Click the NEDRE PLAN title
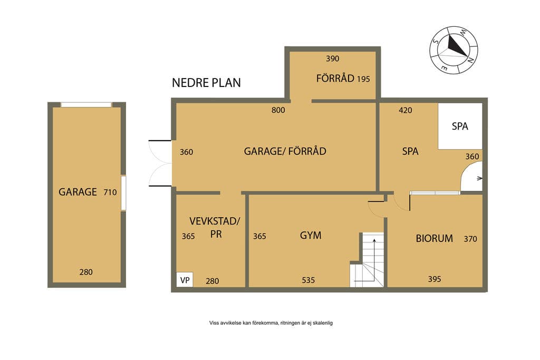click(x=206, y=83)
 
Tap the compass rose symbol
click(x=454, y=50)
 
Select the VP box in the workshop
click(x=185, y=280)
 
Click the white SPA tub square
click(x=460, y=126)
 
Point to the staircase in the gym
click(x=367, y=260)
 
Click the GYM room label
click(x=311, y=236)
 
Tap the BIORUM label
click(x=435, y=238)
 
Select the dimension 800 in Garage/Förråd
click(x=278, y=110)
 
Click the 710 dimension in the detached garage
click(x=110, y=192)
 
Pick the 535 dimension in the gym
click(x=308, y=280)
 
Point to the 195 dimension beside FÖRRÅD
click(x=363, y=79)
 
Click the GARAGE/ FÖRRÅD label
click(x=285, y=151)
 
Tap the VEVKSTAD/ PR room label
click(x=215, y=228)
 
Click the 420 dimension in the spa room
click(x=406, y=110)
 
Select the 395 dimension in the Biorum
click(x=435, y=279)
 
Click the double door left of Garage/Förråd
click(x=160, y=163)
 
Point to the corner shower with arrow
click(x=472, y=177)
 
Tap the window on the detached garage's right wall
click(x=123, y=193)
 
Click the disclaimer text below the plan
click(x=271, y=323)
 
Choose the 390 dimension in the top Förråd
click(x=333, y=59)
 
